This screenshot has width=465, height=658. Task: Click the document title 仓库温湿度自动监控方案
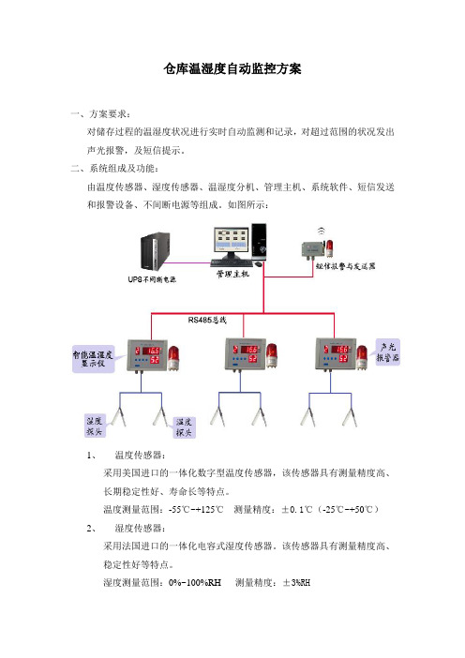tap(232, 68)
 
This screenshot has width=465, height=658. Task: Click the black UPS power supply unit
tap(155, 251)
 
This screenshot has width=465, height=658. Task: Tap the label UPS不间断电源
tap(152, 279)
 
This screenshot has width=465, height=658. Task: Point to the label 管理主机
tap(232, 274)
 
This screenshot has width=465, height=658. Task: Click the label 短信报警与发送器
tap(345, 266)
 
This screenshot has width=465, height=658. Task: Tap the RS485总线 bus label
tap(207, 321)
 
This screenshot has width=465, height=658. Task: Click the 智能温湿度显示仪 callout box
tap(93, 359)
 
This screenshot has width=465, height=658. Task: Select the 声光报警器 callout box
tap(388, 352)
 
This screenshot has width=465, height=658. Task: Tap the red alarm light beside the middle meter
tap(272, 355)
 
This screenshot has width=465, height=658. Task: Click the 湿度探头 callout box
tap(95, 426)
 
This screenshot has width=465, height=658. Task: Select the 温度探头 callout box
tap(184, 427)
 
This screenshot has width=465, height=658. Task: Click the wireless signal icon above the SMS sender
tap(321, 231)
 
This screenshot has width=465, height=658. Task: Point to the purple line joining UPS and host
tap(189, 263)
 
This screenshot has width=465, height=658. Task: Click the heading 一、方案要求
tap(100, 113)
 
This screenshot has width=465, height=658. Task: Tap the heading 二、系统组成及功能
tap(114, 169)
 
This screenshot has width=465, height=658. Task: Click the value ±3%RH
tap(296, 582)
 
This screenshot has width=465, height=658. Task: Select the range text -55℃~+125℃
tap(196, 510)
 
